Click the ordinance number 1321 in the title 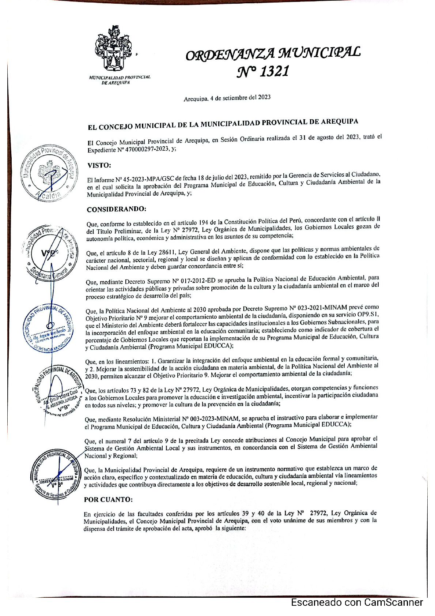[274, 71]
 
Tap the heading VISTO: [99, 165]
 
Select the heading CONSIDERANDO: [116, 209]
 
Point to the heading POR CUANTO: [108, 499]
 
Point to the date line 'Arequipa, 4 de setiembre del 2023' [227, 98]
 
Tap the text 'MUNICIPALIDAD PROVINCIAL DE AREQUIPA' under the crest [120, 80]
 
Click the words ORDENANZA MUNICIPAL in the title [273, 53]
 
